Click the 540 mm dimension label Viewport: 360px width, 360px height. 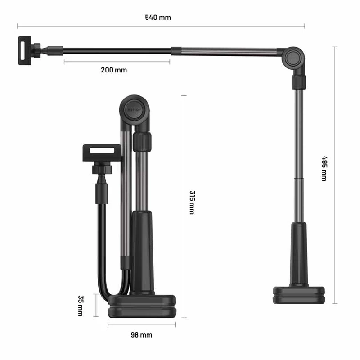click(158, 18)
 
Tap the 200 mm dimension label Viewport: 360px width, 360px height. click(114, 70)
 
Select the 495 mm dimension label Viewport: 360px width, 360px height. click(324, 168)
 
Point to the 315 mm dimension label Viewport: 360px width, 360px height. click(192, 202)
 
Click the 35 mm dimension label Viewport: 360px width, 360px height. click(81, 306)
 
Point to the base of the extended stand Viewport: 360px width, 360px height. click(299, 295)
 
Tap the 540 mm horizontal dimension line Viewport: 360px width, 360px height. click(225, 26)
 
